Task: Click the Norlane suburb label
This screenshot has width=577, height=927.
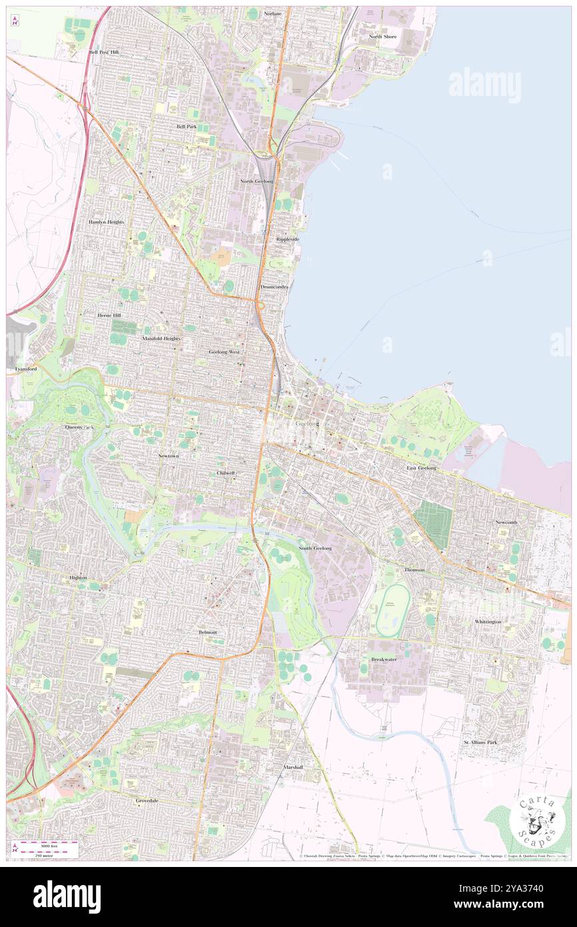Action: pos(273,13)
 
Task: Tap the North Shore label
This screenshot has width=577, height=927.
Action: pos(383,37)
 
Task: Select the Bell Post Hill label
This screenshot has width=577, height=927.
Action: pos(104,51)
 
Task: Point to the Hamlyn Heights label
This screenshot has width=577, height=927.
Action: pos(107,221)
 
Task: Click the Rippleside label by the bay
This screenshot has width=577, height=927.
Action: pos(288,239)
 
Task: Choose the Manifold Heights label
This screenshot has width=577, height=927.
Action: pos(161,338)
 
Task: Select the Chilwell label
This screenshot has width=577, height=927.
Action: pos(226,473)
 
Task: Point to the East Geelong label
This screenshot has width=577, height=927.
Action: pos(422,468)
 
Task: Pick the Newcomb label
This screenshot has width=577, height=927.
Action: pos(506,522)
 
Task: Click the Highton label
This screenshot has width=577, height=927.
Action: pos(78,578)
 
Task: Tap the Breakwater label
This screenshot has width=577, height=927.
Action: pos(384,659)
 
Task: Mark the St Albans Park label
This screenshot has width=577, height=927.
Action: pos(480,742)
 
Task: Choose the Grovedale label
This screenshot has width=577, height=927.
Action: pos(147,800)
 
